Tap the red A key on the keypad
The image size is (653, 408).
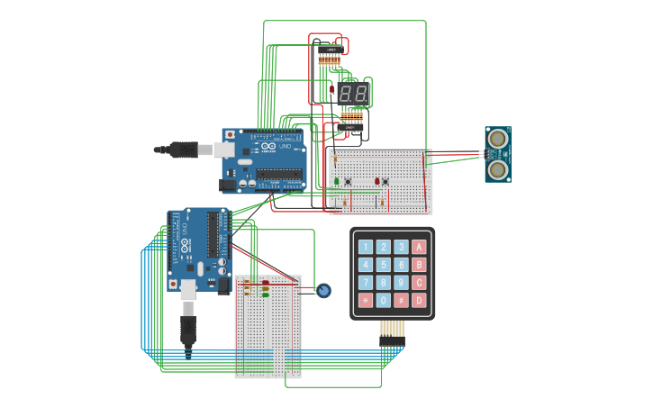[419, 247]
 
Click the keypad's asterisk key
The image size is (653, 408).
[365, 300]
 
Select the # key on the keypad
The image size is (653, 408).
[401, 300]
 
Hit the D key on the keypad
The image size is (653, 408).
[419, 300]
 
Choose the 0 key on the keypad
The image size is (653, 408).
[383, 300]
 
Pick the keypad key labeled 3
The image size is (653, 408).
[401, 247]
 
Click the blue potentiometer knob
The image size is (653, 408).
[323, 290]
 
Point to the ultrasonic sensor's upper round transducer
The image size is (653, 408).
[497, 139]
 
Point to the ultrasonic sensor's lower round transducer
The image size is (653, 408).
[497, 168]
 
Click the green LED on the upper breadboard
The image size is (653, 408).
[337, 181]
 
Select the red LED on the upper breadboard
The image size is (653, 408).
[376, 181]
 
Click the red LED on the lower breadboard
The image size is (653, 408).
[266, 284]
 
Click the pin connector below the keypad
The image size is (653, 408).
[392, 333]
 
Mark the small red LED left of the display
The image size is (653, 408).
[331, 89]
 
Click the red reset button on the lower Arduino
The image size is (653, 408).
[173, 285]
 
